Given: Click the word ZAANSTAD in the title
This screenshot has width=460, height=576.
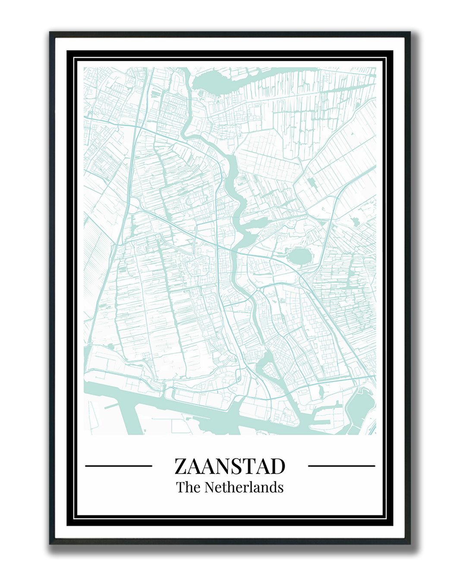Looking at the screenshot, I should point(230,466).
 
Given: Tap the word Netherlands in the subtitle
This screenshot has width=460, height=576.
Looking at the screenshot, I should point(244,487).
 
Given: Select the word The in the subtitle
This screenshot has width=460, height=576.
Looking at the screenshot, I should point(188,487).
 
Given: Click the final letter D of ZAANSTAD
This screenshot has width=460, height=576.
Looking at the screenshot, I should point(278,466).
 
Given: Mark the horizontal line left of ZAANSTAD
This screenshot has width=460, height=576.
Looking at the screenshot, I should point(119,466).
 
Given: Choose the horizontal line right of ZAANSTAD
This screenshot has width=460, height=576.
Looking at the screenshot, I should point(341,466).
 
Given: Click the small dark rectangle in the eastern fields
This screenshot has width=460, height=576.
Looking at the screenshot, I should point(312,182).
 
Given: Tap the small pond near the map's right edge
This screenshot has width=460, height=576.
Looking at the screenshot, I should point(356,222).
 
